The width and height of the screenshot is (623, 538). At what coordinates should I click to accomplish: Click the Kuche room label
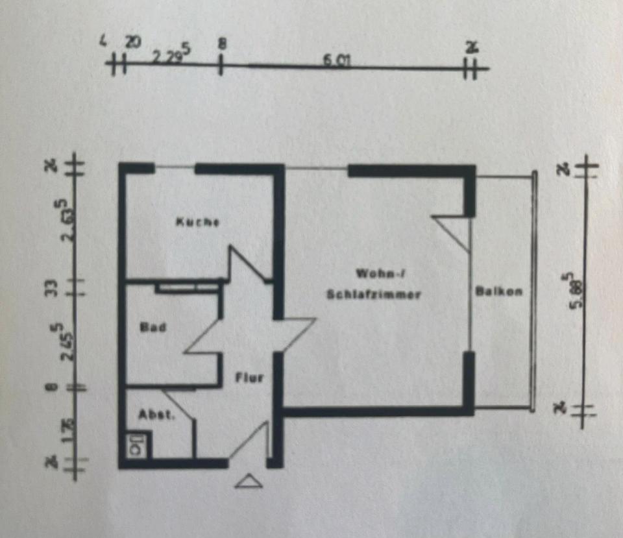[197, 222]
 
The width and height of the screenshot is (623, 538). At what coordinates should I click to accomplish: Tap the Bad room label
[154, 328]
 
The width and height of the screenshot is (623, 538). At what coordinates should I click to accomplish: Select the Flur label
[249, 377]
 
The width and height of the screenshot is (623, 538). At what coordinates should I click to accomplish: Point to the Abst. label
[156, 415]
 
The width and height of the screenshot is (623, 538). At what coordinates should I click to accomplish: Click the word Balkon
[498, 291]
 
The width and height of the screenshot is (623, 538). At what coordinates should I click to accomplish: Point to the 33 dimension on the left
[55, 286]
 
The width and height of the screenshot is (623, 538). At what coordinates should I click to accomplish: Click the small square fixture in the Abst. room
[137, 446]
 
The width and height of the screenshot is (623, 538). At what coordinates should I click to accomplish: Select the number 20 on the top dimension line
[132, 42]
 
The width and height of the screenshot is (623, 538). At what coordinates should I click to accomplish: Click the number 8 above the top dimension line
[222, 44]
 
